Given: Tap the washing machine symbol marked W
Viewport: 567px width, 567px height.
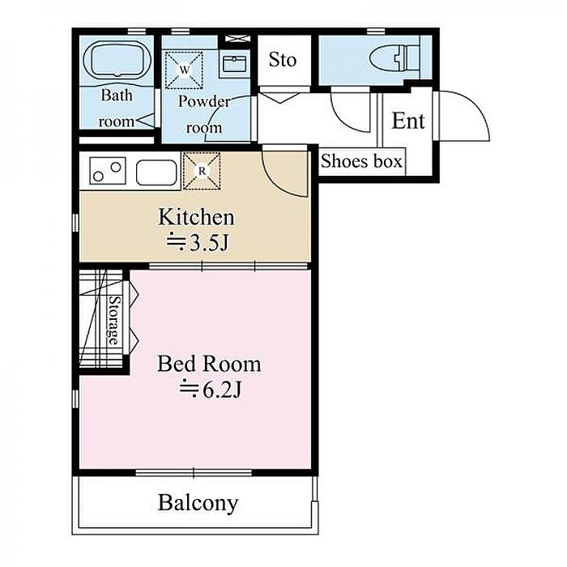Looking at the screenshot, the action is (184, 70).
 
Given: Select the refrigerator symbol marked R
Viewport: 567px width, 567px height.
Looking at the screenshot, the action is (202, 171).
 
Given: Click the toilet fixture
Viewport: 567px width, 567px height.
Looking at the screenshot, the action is (395, 58).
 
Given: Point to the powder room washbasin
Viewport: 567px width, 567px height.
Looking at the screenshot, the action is (235, 64).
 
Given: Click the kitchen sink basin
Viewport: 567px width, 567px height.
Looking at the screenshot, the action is (156, 172).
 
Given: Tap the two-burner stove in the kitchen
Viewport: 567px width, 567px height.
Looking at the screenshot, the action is (108, 171).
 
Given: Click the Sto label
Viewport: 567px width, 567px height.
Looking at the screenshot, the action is (283, 60).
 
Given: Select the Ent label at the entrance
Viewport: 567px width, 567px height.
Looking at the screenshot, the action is (408, 121).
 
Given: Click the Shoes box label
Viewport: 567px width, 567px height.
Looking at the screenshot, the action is (361, 161).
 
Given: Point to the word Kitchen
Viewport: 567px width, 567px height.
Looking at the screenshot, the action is (196, 217).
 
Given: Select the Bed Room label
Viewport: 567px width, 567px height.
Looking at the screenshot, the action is (209, 364).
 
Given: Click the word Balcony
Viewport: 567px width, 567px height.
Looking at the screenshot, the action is (198, 503).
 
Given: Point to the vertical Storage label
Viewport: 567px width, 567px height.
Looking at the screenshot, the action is (114, 321).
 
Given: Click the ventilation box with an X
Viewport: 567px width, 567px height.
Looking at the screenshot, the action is (237, 38).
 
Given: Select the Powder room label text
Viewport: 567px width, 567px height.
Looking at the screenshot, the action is (204, 114).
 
